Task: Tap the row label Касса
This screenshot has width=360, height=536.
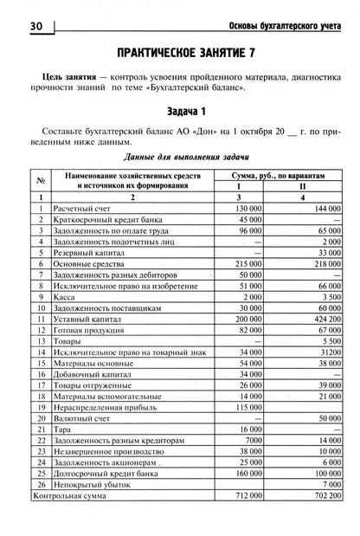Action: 67,296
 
